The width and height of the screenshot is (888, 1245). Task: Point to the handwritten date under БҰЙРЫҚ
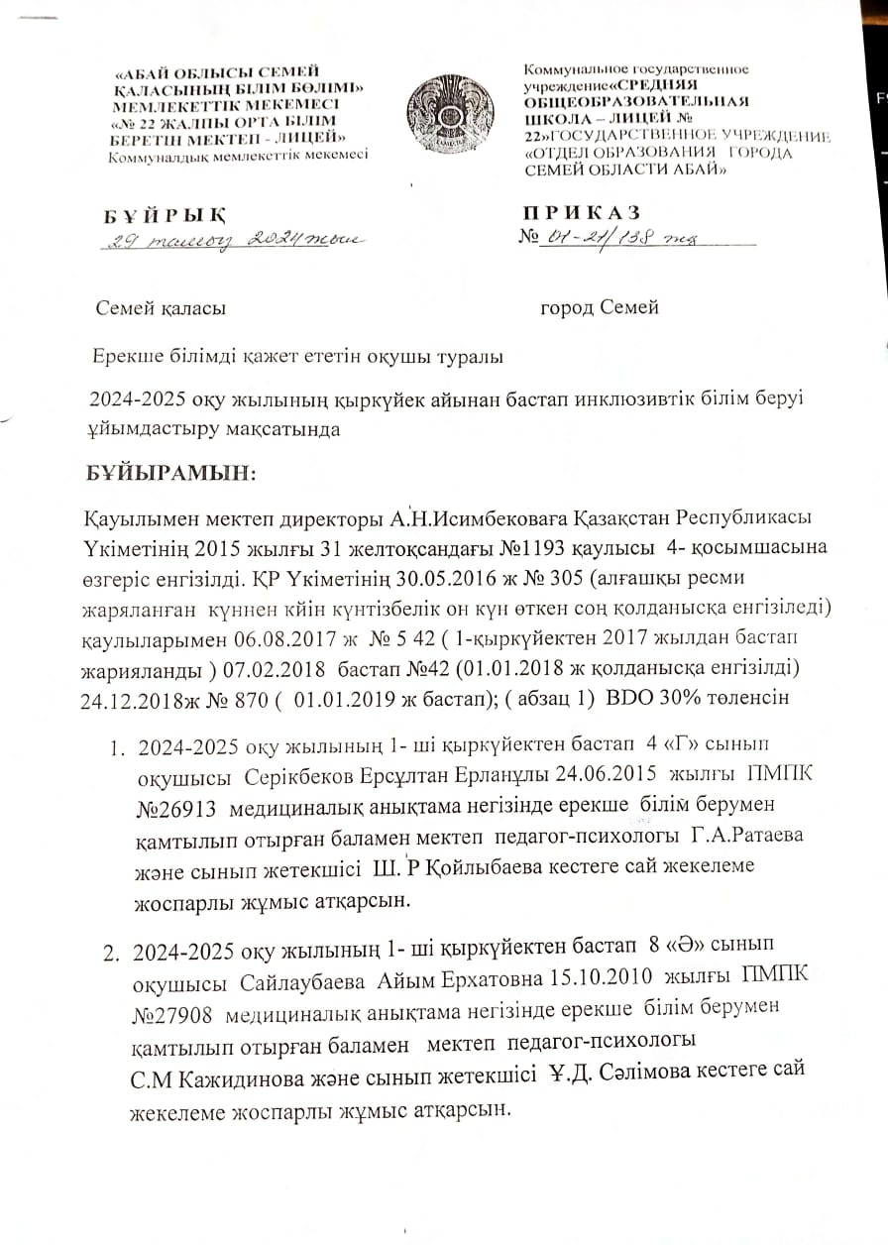coord(234,239)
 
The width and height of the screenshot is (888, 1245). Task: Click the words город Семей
coord(599,307)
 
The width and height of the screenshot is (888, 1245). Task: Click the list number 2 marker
coord(112,954)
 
